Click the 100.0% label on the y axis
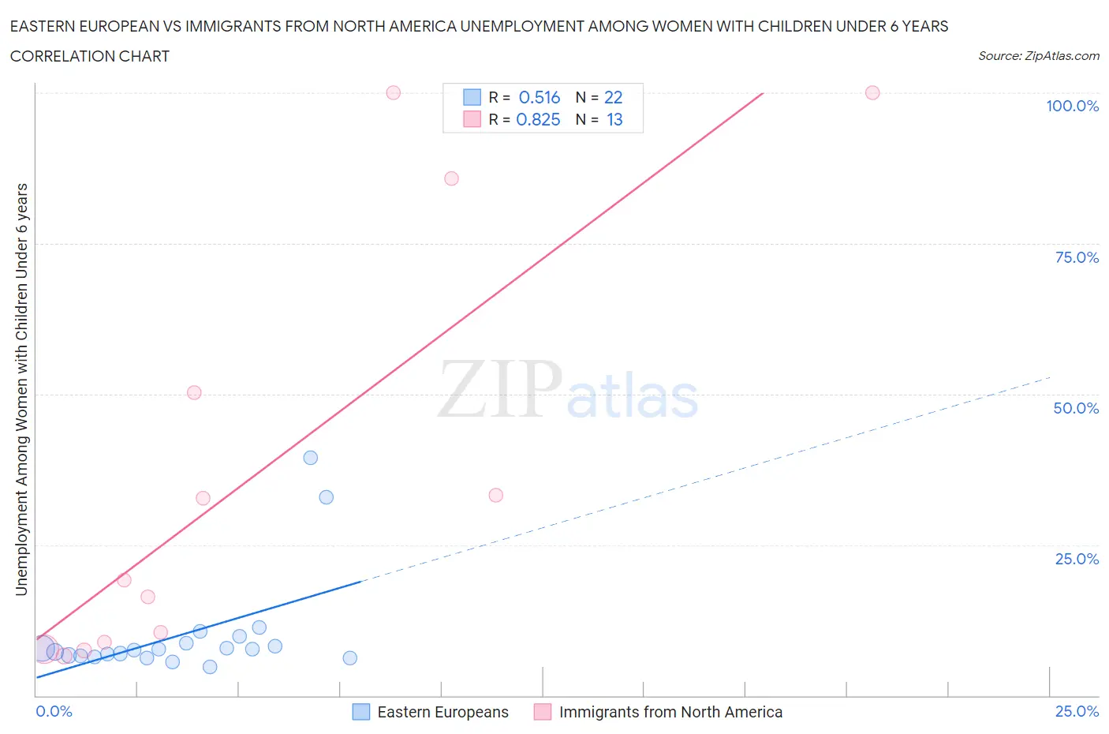tap(1072, 106)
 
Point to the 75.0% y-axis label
tap(1077, 257)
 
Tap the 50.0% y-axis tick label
tap(1076, 408)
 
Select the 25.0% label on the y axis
tap(1077, 559)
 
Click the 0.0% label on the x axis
tap(54, 711)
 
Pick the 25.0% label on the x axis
tap(1077, 711)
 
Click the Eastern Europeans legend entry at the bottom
tap(442, 712)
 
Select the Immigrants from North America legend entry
tap(670, 712)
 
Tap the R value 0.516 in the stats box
tap(540, 97)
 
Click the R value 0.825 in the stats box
tap(538, 119)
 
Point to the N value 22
tap(613, 97)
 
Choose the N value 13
tap(614, 119)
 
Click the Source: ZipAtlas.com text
tap(1038, 55)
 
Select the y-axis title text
tap(22, 390)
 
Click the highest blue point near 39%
tap(311, 458)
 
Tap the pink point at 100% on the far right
tap(872, 92)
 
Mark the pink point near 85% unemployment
tap(451, 178)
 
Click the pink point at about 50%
tap(194, 392)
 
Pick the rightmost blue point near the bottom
tap(350, 658)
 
